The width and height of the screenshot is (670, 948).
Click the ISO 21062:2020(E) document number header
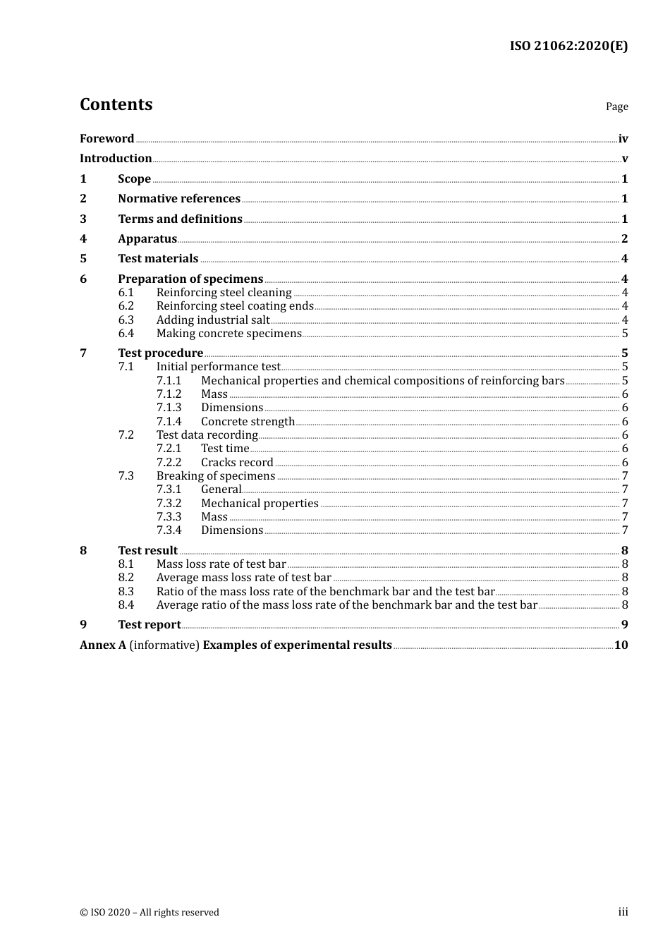[568, 46]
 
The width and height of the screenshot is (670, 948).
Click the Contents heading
[116, 104]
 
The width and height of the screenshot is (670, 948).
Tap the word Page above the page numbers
[616, 107]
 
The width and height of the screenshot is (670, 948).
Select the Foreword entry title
[106, 138]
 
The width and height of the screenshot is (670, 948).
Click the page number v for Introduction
[624, 159]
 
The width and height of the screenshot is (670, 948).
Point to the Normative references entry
[179, 199]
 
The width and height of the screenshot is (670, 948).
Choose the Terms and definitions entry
[180, 219]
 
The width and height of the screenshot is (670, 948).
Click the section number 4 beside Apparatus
[83, 239]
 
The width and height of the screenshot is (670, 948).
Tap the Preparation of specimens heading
[190, 279]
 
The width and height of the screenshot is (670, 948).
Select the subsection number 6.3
[126, 320]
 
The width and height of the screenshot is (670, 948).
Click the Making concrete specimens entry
[229, 334]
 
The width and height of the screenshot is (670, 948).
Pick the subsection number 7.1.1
[169, 381]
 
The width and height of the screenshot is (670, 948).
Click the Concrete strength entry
[248, 422]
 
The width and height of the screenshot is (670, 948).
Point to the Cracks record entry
[237, 463]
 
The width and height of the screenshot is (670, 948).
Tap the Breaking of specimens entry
[216, 476]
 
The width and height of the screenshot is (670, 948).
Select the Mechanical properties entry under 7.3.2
[260, 504]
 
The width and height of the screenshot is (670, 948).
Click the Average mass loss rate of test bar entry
[244, 578]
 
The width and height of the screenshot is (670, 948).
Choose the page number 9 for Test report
[624, 624]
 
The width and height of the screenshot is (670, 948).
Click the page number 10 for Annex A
[621, 645]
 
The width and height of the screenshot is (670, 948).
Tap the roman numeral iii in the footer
[623, 912]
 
